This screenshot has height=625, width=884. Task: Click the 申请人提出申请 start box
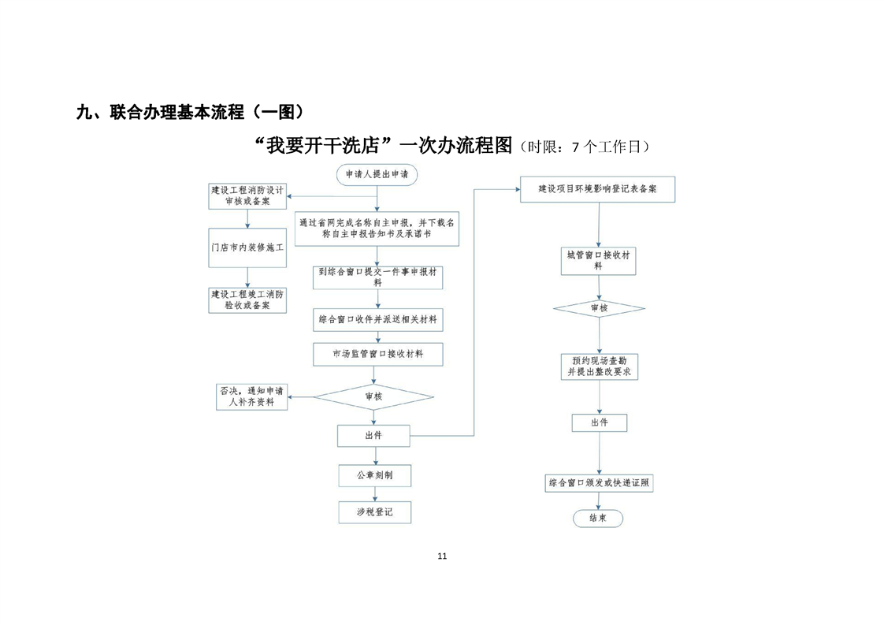(377, 174)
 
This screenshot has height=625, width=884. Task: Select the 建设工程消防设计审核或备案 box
(247, 196)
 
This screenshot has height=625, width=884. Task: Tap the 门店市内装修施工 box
(247, 248)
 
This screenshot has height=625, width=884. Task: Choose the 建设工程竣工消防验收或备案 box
(247, 299)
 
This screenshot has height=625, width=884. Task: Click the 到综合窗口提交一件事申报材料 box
(377, 276)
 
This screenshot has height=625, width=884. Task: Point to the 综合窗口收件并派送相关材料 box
(377, 320)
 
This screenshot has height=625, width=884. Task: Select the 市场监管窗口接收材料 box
(377, 355)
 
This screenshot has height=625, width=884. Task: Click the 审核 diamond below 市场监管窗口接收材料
(374, 396)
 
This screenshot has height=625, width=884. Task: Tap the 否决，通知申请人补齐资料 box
(251, 396)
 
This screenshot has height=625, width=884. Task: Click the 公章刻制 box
(374, 475)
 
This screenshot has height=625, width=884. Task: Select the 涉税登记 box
(374, 512)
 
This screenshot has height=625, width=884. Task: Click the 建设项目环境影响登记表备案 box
(598, 190)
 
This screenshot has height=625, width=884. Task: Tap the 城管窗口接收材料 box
(598, 261)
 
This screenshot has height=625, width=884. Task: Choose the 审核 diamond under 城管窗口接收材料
(598, 308)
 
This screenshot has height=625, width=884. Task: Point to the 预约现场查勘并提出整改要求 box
(599, 366)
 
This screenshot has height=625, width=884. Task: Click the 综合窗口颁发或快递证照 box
(599, 483)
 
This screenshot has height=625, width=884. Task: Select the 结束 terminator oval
(597, 518)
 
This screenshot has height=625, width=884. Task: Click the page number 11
(442, 556)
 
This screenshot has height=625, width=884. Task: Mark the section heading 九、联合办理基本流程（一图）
(189, 112)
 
